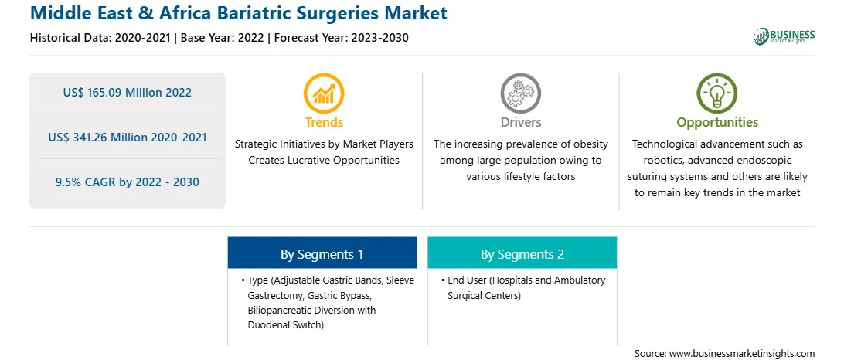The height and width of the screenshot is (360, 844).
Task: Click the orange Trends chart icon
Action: [324, 93]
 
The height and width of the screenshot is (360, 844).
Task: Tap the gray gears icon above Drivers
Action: [520, 93]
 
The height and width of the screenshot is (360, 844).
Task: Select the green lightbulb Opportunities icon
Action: [717, 93]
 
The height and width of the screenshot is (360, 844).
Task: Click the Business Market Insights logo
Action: [784, 36]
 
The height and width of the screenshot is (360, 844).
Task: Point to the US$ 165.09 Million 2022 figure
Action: [127, 93]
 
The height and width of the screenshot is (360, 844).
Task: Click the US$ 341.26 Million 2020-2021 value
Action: [127, 138]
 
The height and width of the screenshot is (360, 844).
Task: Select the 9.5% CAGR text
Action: [127, 182]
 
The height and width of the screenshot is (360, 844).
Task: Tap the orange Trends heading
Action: [324, 122]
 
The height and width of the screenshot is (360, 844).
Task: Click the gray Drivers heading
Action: [521, 122]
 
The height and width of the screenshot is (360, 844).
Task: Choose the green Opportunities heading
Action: [717, 123]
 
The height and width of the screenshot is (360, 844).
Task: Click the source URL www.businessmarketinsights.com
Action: [742, 354]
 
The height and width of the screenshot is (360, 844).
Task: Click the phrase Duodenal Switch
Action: [284, 325]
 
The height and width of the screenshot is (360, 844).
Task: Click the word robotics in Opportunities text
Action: [652, 161]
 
